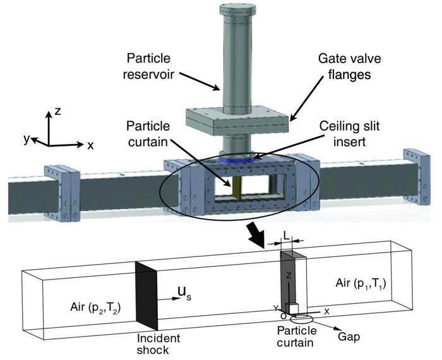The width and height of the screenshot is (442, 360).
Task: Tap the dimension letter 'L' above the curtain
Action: [287, 235]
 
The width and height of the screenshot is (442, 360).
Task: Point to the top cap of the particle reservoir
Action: [237, 8]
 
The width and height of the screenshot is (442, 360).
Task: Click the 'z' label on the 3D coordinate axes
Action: [57, 111]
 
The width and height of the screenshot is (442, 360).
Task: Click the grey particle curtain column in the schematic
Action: [289, 278]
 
